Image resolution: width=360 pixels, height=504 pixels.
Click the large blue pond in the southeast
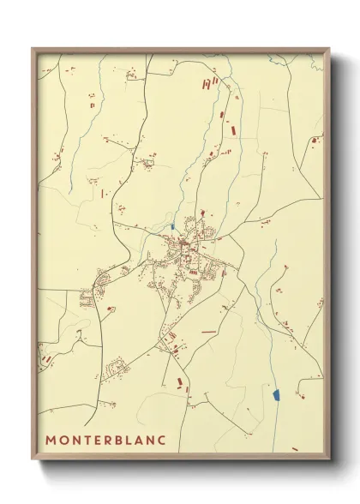tap(276, 395)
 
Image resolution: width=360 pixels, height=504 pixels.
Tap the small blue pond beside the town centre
tap(172, 226)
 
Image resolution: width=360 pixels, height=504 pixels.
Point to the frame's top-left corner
tap(33, 48)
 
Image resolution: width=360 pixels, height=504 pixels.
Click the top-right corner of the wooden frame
tap(330, 48)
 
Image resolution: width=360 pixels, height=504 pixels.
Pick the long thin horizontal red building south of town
tap(209, 331)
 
